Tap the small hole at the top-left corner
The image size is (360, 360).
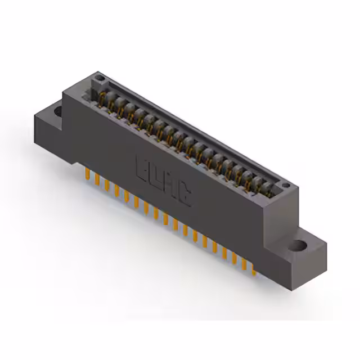[x=99, y=77]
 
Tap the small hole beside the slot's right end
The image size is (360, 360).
[x=286, y=185]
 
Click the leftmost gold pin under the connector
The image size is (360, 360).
[x=87, y=173]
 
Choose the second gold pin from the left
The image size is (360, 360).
[x=97, y=179]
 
